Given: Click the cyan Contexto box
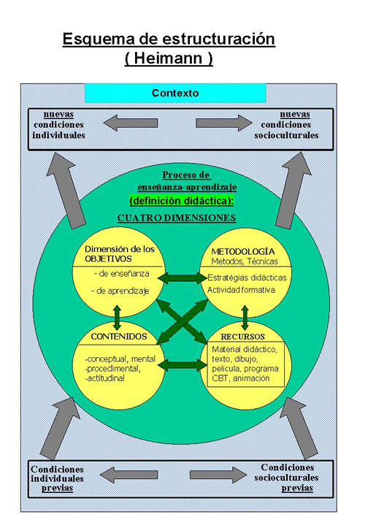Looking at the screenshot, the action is tap(175, 93).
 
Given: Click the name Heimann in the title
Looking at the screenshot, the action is tap(169, 58).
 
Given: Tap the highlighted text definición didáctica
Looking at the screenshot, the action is tap(181, 201).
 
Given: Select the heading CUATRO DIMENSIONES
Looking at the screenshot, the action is tap(177, 218).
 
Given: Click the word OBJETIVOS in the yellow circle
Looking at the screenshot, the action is tap(108, 259).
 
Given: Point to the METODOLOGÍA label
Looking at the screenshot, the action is tap(243, 251).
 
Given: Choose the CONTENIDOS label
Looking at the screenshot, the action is tap(119, 337).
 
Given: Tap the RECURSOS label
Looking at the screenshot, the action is tap(242, 337).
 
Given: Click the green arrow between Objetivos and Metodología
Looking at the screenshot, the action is tap(182, 278).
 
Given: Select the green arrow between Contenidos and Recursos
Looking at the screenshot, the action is tap(182, 365).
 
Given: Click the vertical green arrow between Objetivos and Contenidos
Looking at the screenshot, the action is tap(117, 318).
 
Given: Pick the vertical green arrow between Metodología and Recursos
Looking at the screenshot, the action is tap(245, 318).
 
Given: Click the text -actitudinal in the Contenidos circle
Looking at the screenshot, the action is tap(104, 378).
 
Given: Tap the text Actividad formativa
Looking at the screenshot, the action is tap(241, 290).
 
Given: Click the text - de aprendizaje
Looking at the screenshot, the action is tap(120, 291).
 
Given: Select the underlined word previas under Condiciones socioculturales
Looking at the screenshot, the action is tap(297, 488).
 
